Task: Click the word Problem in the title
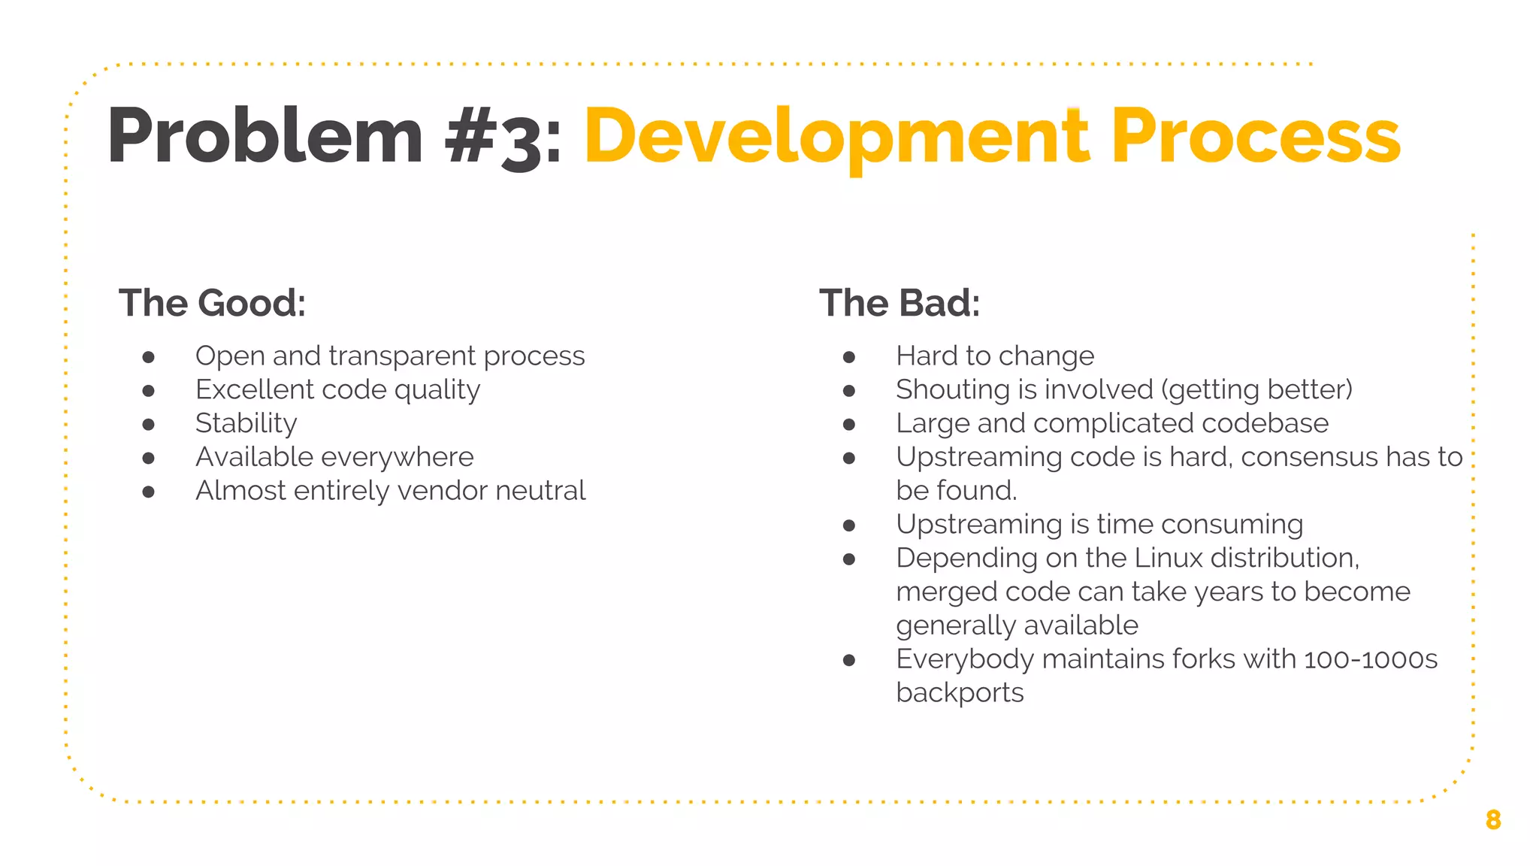pyautogui.click(x=265, y=137)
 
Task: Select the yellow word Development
pyautogui.click(x=836, y=137)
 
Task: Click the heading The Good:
pyautogui.click(x=212, y=303)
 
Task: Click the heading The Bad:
pyautogui.click(x=899, y=303)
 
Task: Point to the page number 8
pyautogui.click(x=1492, y=819)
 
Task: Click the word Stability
pyautogui.click(x=246, y=424)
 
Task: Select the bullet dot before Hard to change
pyautogui.click(x=849, y=357)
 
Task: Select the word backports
pyautogui.click(x=959, y=693)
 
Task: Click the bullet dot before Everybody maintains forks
pyautogui.click(x=849, y=661)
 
